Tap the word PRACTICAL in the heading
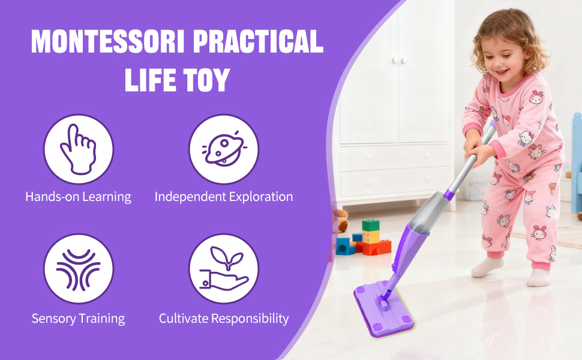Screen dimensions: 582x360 point(259,41)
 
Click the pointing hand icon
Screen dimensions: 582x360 point(79,149)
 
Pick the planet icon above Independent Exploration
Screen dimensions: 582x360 point(224,148)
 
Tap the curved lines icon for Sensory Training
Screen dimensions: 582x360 point(79,269)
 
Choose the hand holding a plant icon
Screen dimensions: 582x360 point(223,268)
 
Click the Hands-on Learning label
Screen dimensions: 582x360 point(79,197)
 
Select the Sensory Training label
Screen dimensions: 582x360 point(79,319)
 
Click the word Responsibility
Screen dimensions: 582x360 point(250,319)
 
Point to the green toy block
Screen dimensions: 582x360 point(370,225)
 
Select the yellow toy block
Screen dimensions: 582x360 point(371,236)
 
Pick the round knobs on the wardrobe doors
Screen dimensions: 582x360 point(399,61)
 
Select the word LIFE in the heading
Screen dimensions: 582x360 point(151,80)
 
